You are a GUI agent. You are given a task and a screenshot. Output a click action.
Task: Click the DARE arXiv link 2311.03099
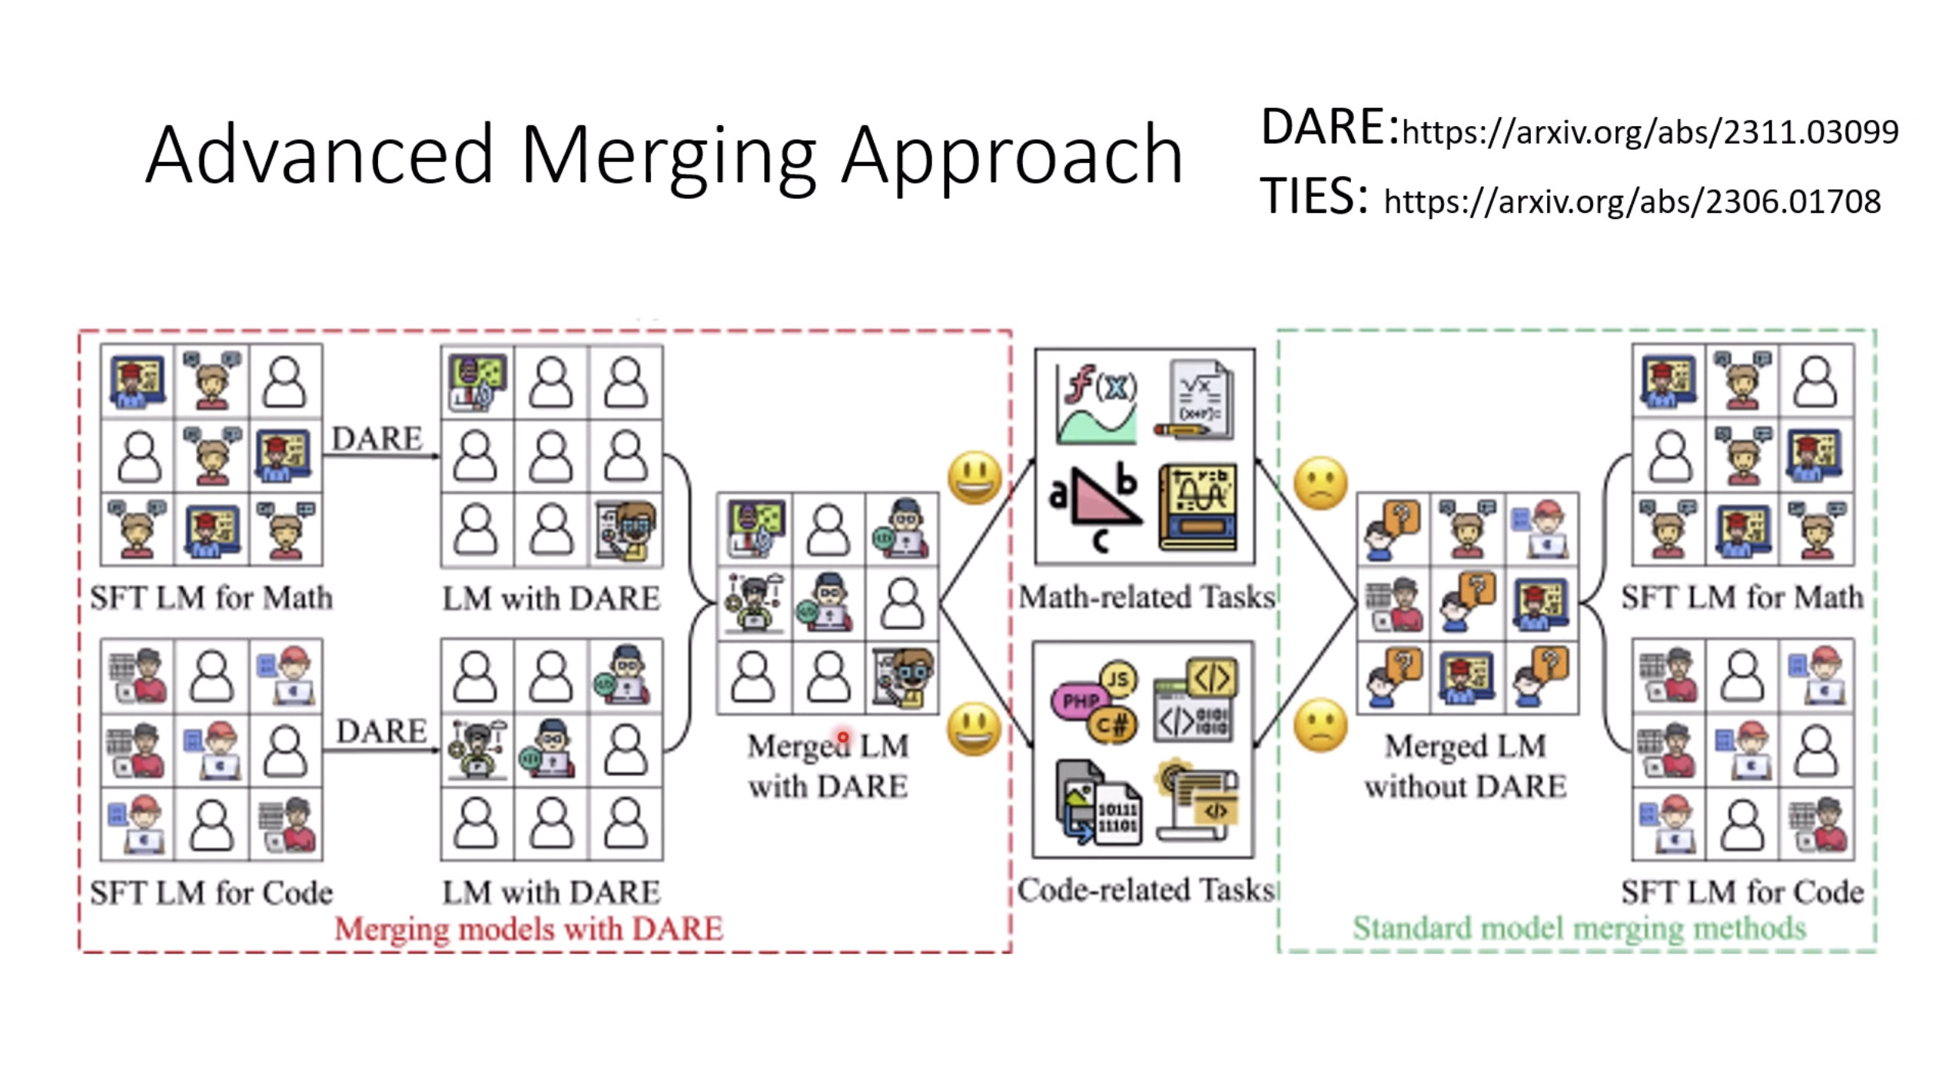[x=1649, y=132]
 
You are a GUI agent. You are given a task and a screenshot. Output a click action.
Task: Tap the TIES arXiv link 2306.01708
[x=1632, y=201]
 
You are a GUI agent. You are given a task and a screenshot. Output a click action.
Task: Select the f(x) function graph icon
[x=1097, y=404]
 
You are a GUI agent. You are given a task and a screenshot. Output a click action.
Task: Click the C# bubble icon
[x=1111, y=724]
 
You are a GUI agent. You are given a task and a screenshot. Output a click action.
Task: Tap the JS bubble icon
[x=1118, y=679]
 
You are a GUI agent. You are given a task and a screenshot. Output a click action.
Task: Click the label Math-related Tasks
[x=1147, y=597]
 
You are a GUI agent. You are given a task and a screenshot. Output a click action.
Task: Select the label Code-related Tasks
[x=1145, y=890]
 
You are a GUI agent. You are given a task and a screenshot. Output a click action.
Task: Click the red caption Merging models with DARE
[x=529, y=928]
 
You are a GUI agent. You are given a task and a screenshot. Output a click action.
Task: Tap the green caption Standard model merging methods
[x=1579, y=928]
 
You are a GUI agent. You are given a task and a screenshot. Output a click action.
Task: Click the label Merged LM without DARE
[x=1465, y=766]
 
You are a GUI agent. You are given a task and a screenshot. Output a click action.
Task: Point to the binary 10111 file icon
[x=1116, y=817]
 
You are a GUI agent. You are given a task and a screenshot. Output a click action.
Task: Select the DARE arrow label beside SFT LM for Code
[x=381, y=731]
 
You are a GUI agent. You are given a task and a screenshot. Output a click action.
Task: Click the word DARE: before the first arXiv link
[x=1329, y=128]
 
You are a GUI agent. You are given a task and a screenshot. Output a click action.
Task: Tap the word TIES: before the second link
[x=1313, y=196]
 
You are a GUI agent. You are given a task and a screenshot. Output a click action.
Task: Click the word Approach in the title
[x=1011, y=156]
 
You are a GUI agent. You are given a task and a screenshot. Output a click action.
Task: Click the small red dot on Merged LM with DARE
[x=843, y=738]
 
